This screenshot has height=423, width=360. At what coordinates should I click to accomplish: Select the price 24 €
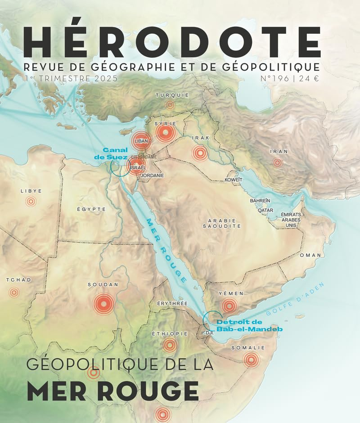(310, 79)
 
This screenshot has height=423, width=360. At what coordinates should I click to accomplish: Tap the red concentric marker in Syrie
(165, 132)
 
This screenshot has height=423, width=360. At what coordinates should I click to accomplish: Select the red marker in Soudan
(103, 304)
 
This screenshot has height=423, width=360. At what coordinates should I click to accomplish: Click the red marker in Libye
(31, 202)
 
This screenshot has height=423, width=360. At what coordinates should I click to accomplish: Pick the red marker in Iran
(278, 162)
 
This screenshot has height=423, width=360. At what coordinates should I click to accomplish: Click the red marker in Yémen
(229, 306)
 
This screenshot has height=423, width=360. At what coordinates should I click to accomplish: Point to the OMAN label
(310, 255)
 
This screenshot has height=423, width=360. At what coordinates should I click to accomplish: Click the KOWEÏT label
(234, 180)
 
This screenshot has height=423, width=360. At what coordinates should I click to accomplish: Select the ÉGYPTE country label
(91, 209)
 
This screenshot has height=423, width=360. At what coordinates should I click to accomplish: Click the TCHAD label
(19, 280)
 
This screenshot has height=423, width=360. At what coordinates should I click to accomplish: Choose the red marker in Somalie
(251, 359)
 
